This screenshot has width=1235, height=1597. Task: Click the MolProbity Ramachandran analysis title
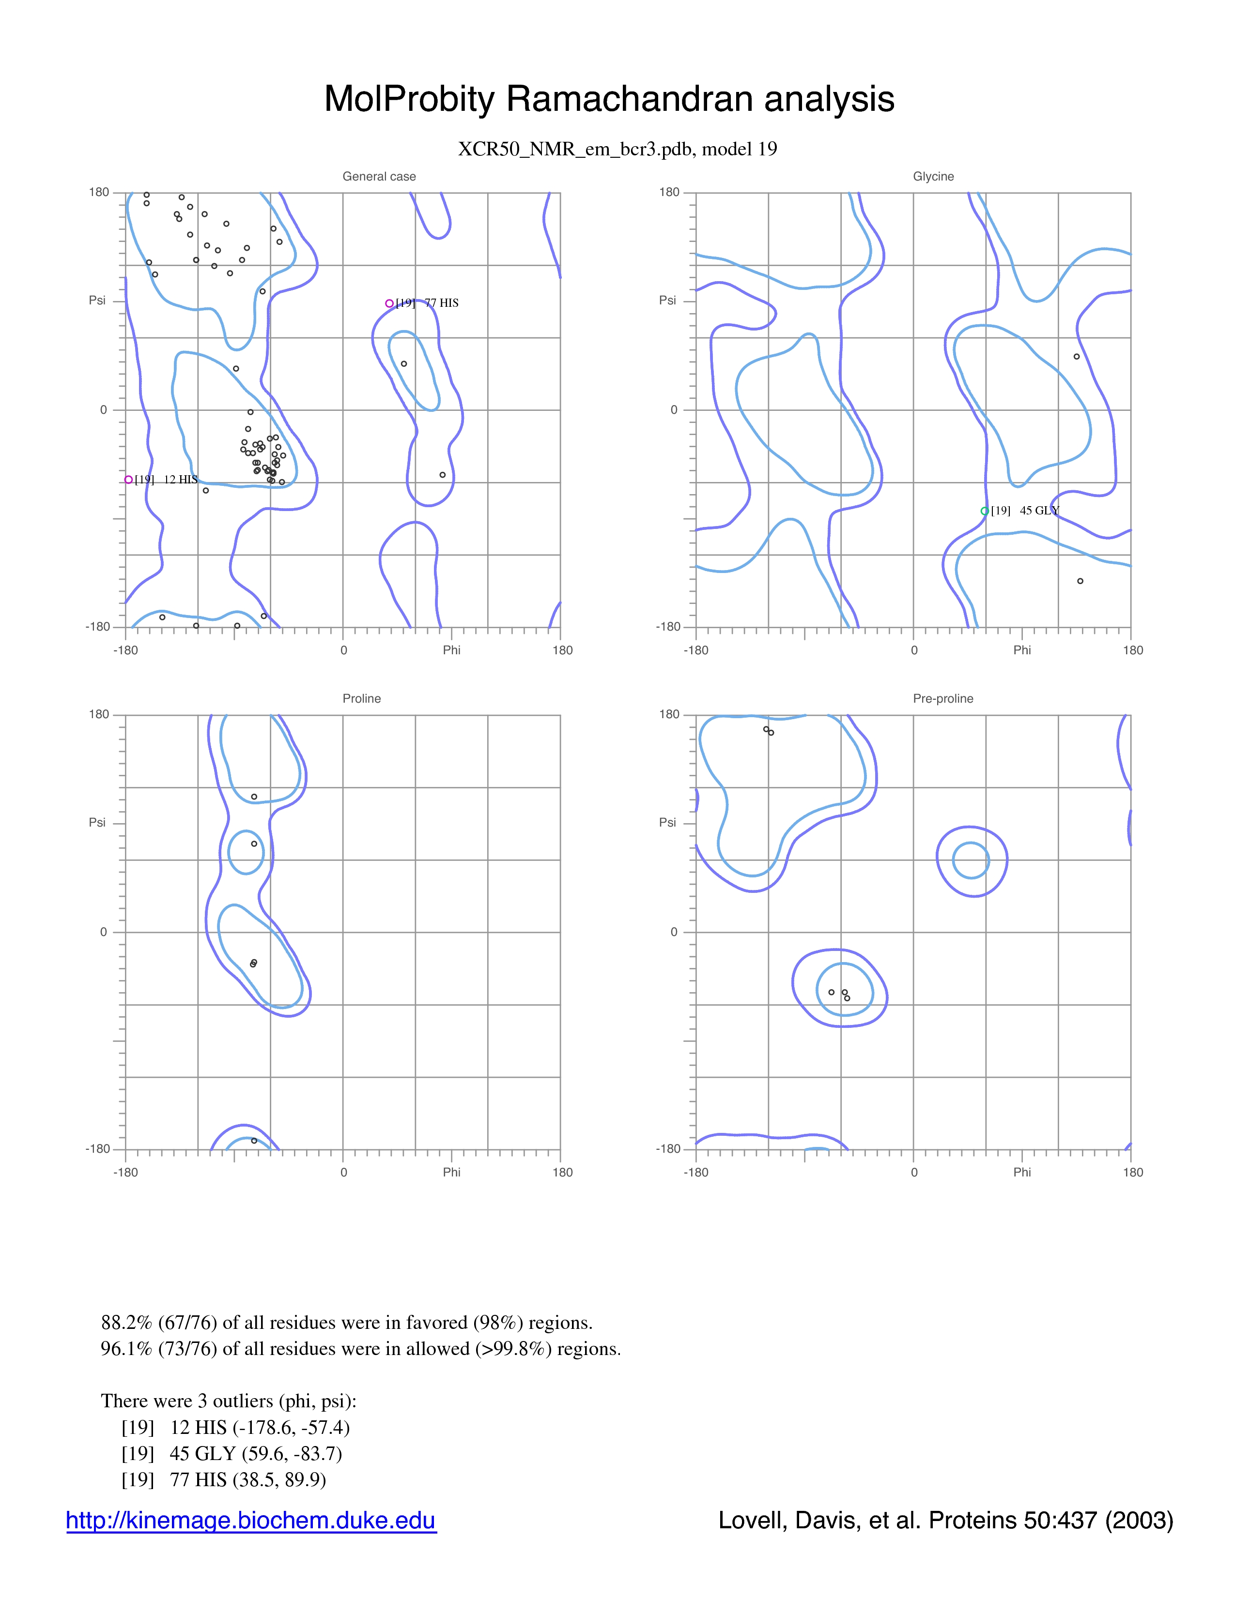coord(609,99)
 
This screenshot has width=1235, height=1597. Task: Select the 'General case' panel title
coord(379,176)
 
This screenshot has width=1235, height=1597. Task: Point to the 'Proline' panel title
coord(361,698)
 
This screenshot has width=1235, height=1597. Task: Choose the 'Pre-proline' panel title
coord(943,698)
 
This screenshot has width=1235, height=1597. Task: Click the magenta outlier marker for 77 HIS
coord(389,303)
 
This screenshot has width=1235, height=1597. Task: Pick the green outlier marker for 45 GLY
coord(985,511)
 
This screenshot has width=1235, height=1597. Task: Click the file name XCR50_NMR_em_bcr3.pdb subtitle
coord(617,149)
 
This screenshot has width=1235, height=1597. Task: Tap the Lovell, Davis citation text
coord(945,1520)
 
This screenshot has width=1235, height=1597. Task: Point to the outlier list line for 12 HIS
coord(235,1427)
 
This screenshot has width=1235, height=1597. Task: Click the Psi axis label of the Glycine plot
coord(667,301)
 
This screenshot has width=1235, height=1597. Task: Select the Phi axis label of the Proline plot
coord(451,1172)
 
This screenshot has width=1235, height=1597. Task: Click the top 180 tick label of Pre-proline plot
coord(669,714)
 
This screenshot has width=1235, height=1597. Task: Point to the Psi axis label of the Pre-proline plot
coord(667,823)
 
